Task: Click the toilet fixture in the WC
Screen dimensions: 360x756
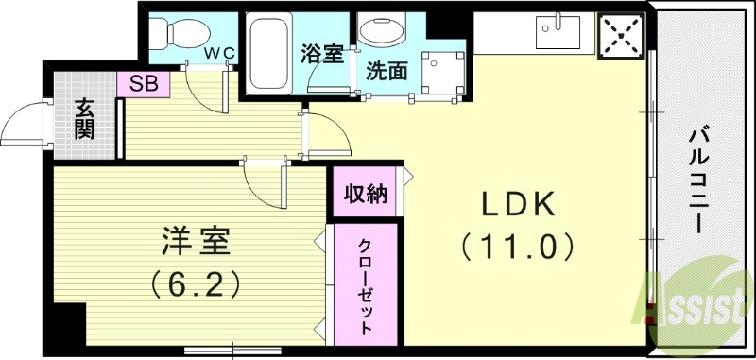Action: tap(174, 36)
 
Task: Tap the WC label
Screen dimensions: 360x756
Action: tap(222, 50)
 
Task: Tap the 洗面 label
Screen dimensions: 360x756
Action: tap(388, 72)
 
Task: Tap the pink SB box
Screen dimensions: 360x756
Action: tap(143, 84)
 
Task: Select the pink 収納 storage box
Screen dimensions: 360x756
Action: tap(365, 194)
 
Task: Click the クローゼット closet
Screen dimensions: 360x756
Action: tap(365, 287)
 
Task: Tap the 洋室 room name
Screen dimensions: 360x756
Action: tap(194, 241)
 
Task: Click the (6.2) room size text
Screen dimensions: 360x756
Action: tap(194, 283)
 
